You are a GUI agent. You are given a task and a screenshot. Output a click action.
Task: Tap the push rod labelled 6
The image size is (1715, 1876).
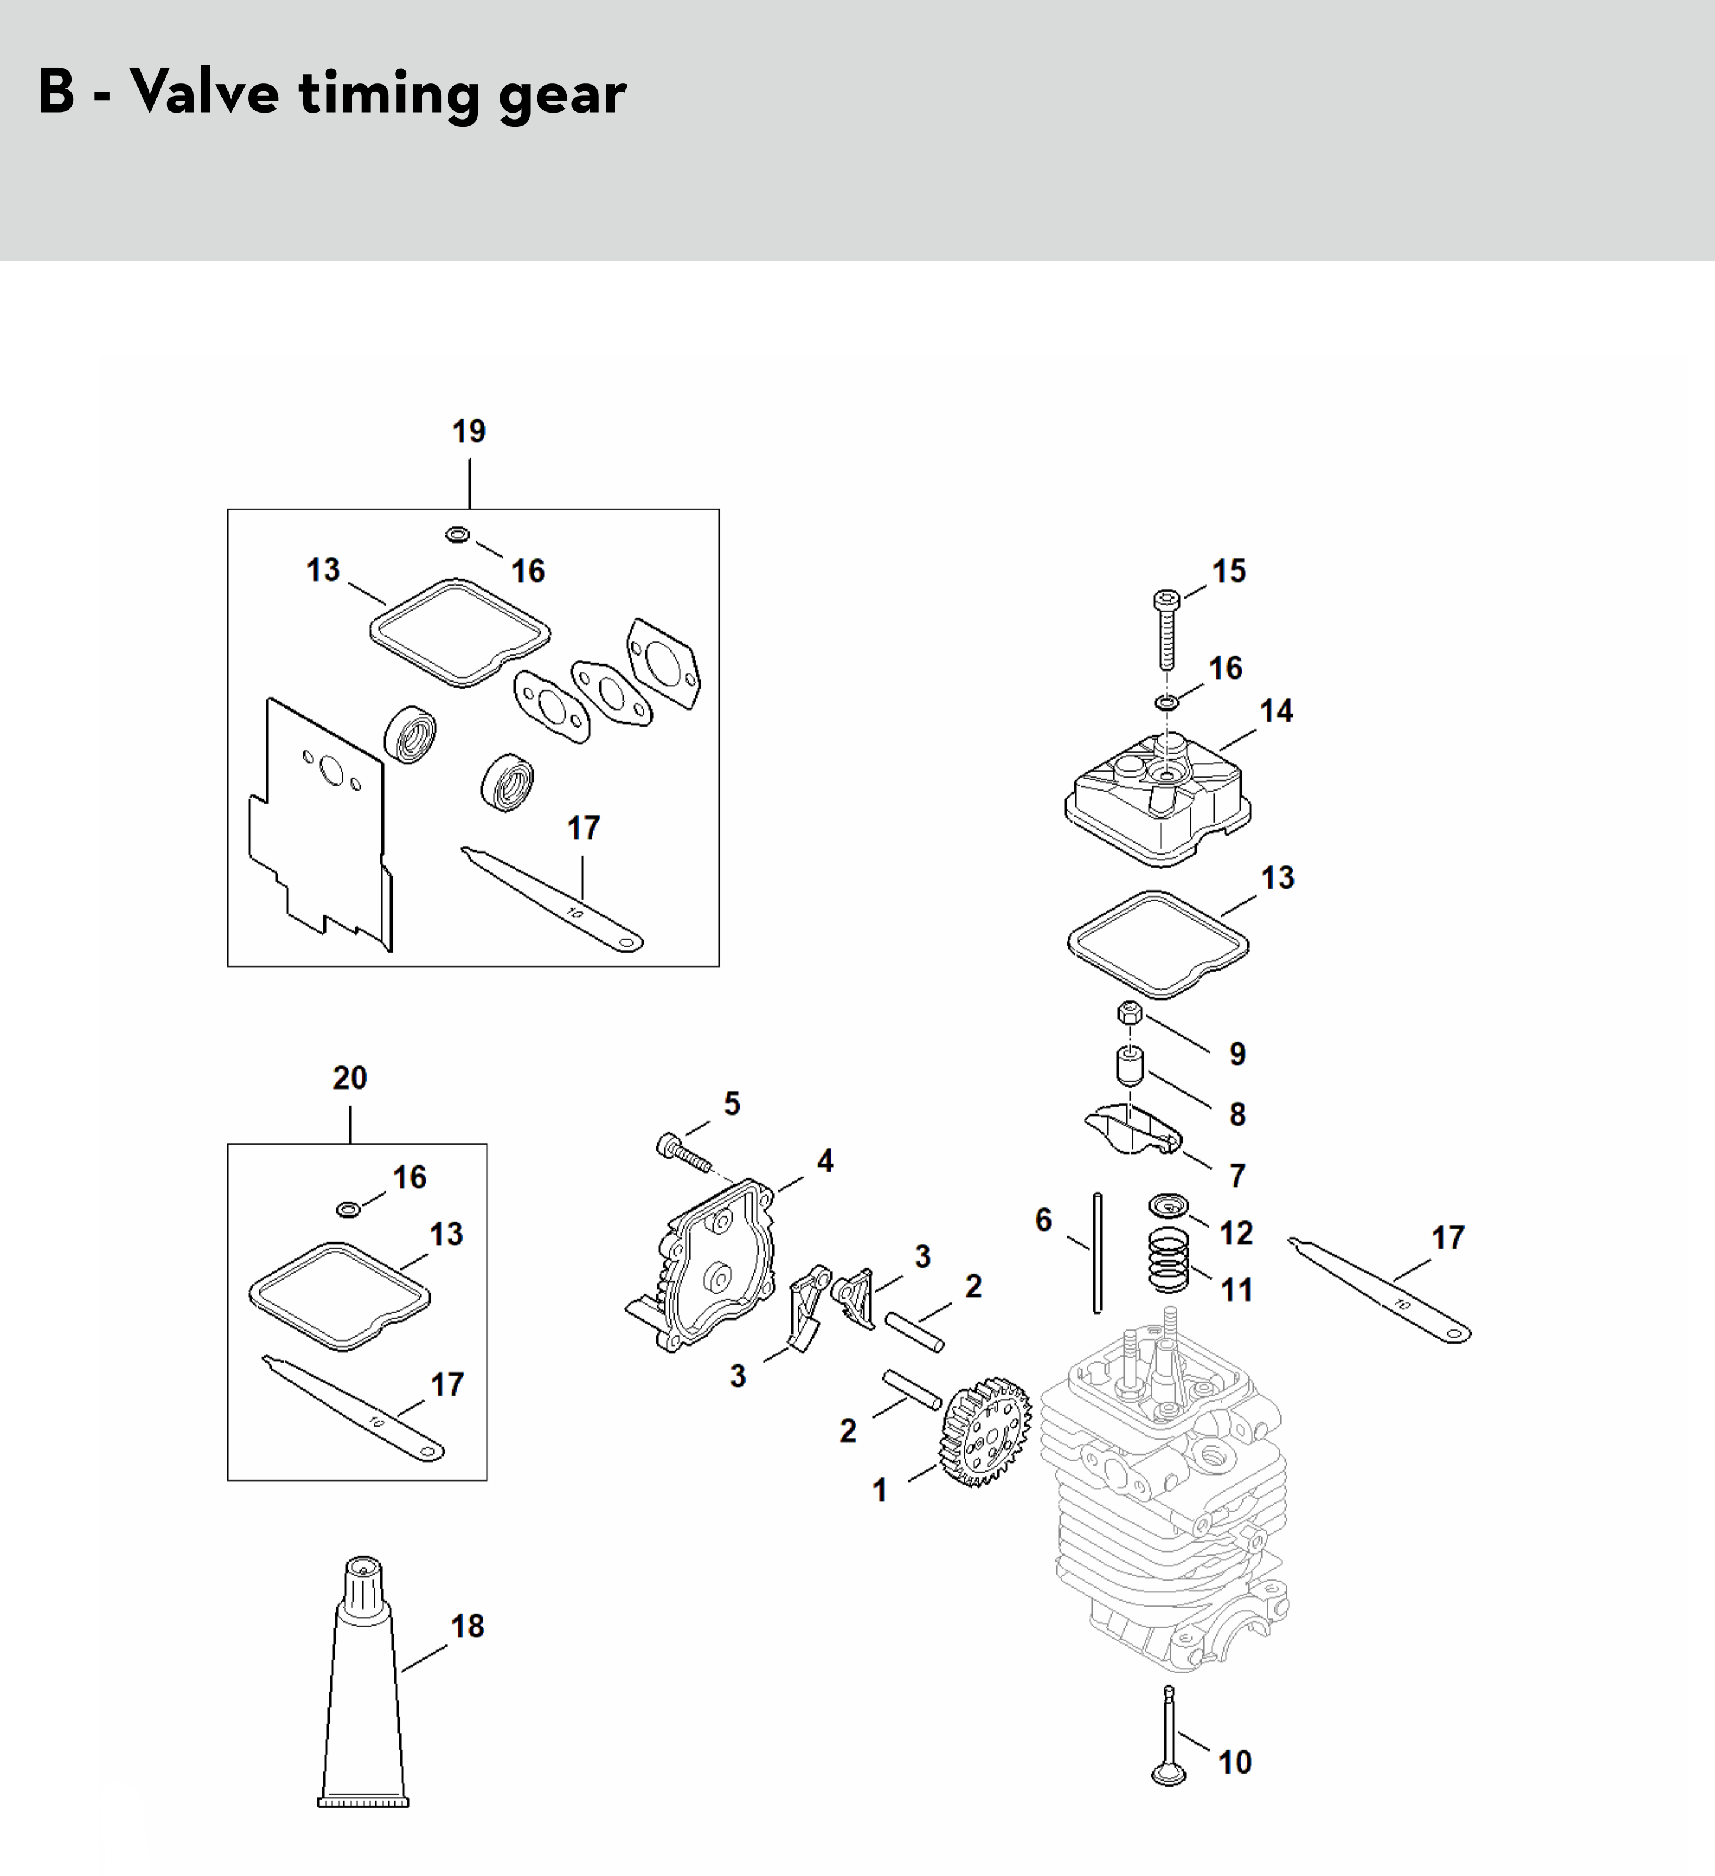pyautogui.click(x=1097, y=1252)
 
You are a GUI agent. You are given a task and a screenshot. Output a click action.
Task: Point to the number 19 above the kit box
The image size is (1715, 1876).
pyautogui.click(x=469, y=432)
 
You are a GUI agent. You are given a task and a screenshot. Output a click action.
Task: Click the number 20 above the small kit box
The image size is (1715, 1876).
pyautogui.click(x=350, y=1078)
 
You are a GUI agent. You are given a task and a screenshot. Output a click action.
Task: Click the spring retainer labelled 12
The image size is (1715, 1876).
pyautogui.click(x=1168, y=1205)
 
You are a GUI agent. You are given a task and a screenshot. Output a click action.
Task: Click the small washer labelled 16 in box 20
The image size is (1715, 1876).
pyautogui.click(x=348, y=1209)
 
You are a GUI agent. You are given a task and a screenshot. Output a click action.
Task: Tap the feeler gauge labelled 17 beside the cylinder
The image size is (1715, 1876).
pyautogui.click(x=1379, y=1290)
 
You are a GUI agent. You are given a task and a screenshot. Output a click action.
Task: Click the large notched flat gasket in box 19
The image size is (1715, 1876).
pyautogui.click(x=320, y=824)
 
